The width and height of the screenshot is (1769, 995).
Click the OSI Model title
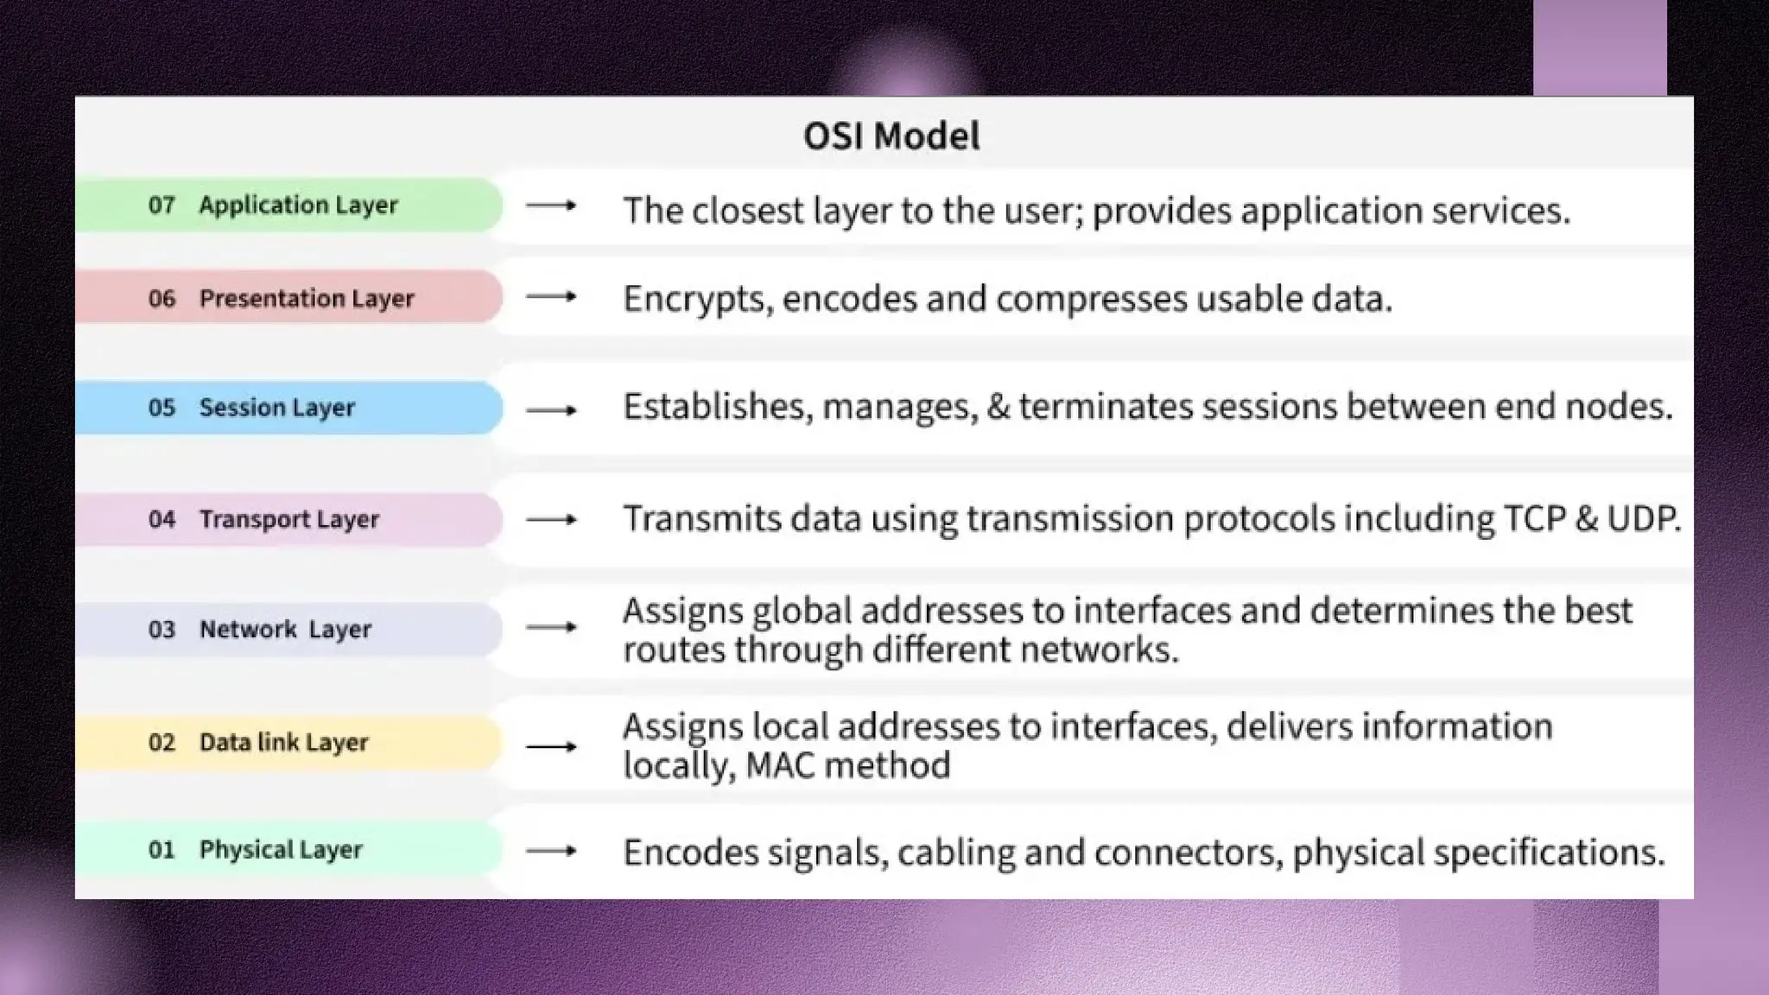coord(891,136)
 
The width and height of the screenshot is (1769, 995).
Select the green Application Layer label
coord(298,206)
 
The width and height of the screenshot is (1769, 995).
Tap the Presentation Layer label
coord(307,299)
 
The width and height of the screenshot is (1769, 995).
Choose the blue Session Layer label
coord(277,408)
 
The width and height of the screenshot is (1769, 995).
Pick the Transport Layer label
coord(289,519)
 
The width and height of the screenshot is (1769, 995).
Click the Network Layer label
coord(285,630)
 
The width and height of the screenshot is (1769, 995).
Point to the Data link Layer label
coord(283,743)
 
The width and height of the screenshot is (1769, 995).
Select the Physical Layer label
coord(281,850)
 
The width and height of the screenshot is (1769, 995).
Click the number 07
coord(162,206)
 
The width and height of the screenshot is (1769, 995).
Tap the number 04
coord(162,519)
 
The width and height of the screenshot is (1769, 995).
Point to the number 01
coord(162,850)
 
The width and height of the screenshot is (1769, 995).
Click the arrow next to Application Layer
coord(551,206)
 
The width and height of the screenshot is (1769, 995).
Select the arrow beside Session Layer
coord(551,410)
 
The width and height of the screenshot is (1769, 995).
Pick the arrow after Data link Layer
coord(551,746)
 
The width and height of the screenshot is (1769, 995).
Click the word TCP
coord(1534,518)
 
